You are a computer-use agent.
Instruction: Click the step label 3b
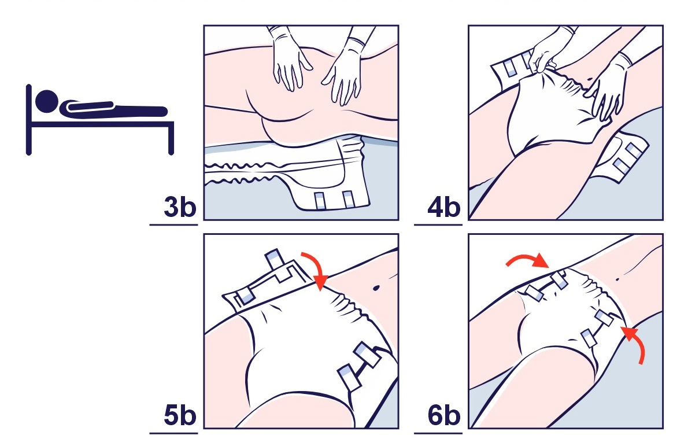[180, 207]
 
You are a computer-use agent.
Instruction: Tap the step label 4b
[444, 207]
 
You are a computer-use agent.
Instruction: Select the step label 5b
[180, 415]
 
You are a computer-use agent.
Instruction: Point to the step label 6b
[444, 415]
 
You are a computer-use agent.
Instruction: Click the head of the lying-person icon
[46, 101]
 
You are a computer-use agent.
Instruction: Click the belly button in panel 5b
[376, 289]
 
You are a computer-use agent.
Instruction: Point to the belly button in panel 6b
[618, 279]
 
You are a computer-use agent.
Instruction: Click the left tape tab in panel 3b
[320, 200]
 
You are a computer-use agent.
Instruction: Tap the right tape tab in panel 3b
[349, 200]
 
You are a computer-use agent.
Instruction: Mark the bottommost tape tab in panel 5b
[350, 377]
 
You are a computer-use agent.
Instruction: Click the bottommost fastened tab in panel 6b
[589, 338]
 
